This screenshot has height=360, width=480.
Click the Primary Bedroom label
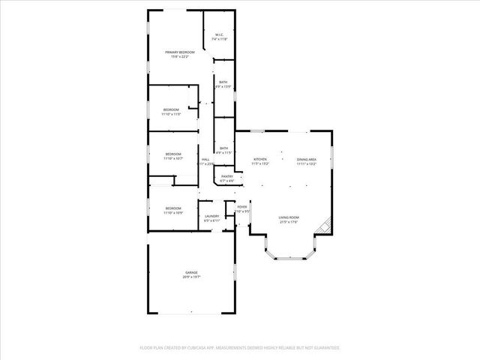click(x=180, y=52)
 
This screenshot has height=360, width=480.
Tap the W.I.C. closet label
click(x=219, y=34)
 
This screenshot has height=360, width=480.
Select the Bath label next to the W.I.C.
click(x=223, y=82)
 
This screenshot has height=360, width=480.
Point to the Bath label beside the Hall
click(x=223, y=148)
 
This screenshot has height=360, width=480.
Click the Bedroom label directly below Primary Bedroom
click(x=172, y=110)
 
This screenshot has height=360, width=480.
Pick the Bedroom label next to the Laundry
click(x=173, y=208)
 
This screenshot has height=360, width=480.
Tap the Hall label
click(x=205, y=159)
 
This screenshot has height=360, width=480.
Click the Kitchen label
click(x=260, y=159)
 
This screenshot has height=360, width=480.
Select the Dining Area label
click(x=306, y=159)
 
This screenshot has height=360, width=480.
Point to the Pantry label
click(x=227, y=177)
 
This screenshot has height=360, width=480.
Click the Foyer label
click(x=242, y=207)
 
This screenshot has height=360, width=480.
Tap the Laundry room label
click(x=212, y=216)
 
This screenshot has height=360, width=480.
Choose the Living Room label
click(x=289, y=217)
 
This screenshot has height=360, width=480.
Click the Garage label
click(x=192, y=271)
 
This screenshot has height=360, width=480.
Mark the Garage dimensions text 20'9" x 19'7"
click(x=192, y=277)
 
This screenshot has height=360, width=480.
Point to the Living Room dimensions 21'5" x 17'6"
click(x=289, y=222)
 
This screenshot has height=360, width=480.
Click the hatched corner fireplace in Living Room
click(x=324, y=224)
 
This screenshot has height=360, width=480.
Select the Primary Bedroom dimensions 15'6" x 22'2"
click(x=180, y=56)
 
